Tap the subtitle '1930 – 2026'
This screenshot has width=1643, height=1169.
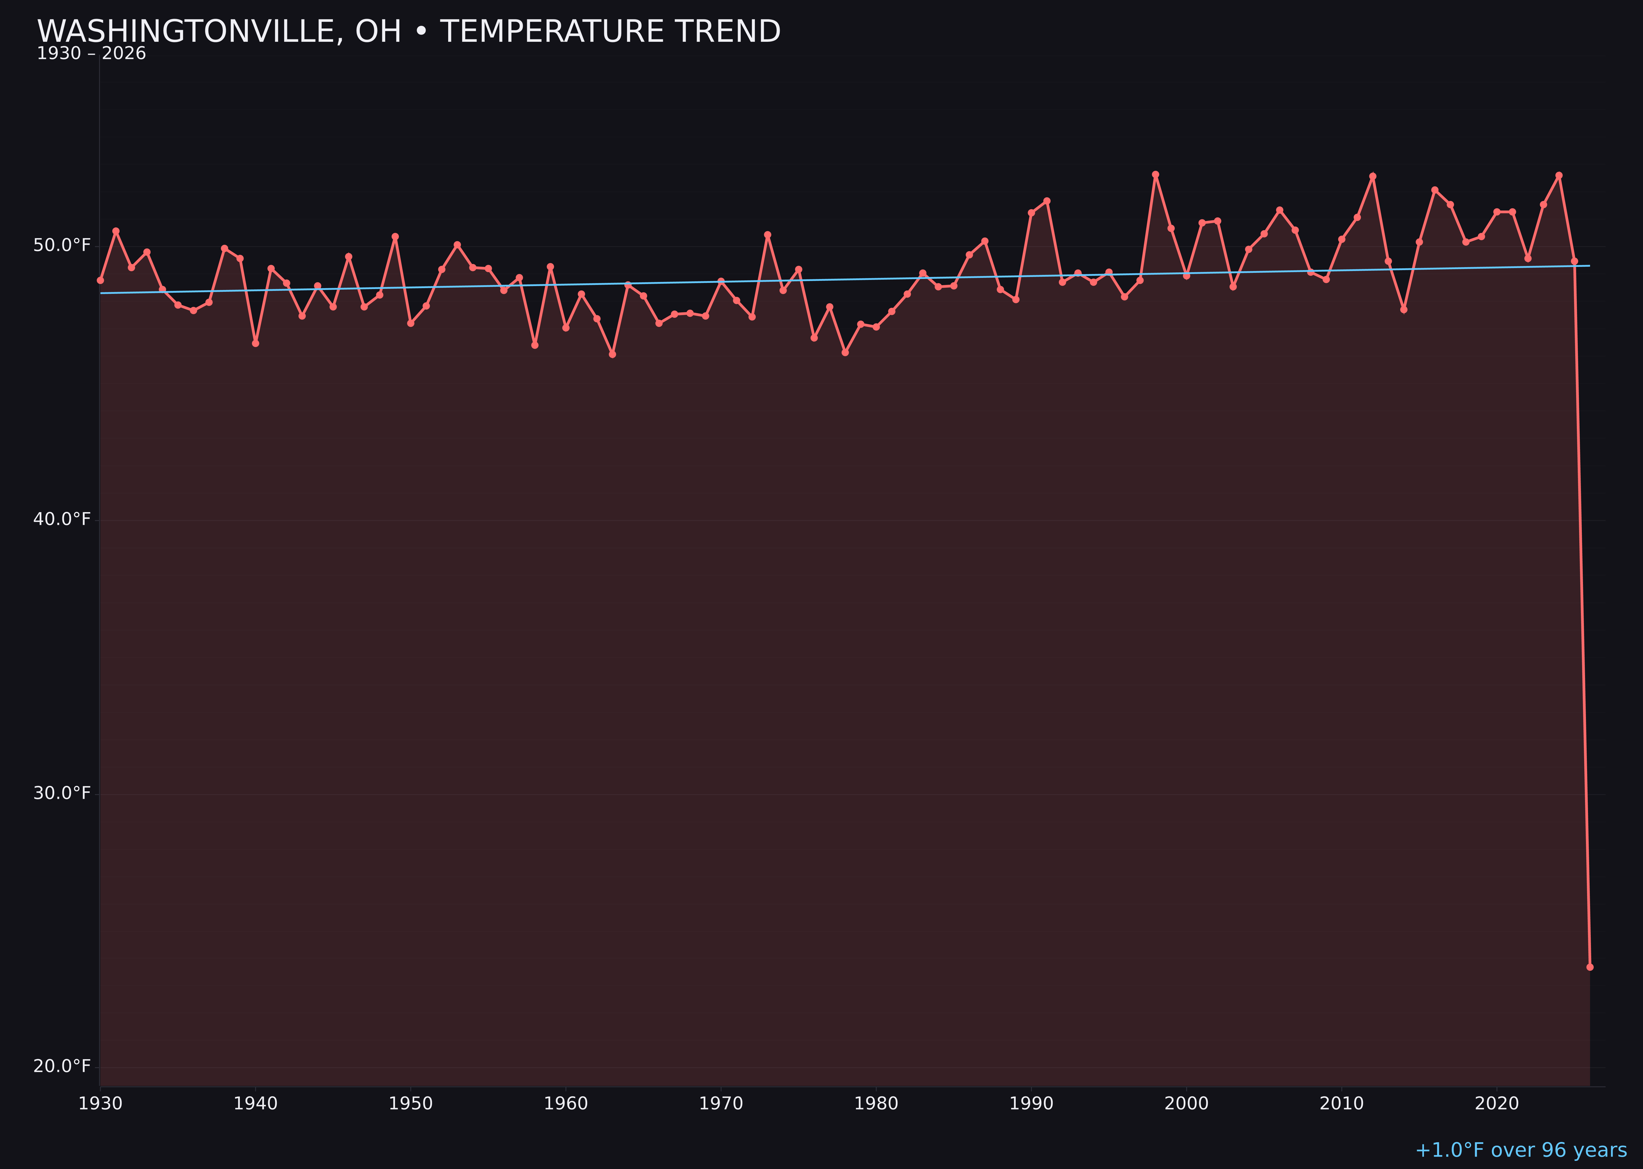click(91, 54)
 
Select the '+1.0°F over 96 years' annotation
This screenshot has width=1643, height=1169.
click(1520, 1150)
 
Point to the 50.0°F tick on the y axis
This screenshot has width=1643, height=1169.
click(62, 245)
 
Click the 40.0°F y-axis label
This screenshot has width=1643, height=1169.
click(62, 519)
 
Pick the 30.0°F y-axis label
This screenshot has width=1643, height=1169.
click(62, 792)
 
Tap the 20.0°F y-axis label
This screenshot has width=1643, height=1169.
click(62, 1065)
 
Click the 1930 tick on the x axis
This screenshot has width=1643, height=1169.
click(100, 1104)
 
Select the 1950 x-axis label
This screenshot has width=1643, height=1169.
click(411, 1104)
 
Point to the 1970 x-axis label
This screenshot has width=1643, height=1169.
click(721, 1104)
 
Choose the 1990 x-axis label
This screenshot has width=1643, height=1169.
click(1031, 1104)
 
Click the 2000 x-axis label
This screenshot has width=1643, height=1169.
click(1186, 1104)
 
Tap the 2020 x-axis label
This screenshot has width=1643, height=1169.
click(1496, 1104)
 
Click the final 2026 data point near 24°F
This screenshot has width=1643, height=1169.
click(1590, 967)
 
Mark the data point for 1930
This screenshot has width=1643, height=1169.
click(100, 280)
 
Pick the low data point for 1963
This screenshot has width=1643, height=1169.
click(612, 354)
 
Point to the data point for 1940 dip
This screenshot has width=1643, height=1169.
click(255, 343)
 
